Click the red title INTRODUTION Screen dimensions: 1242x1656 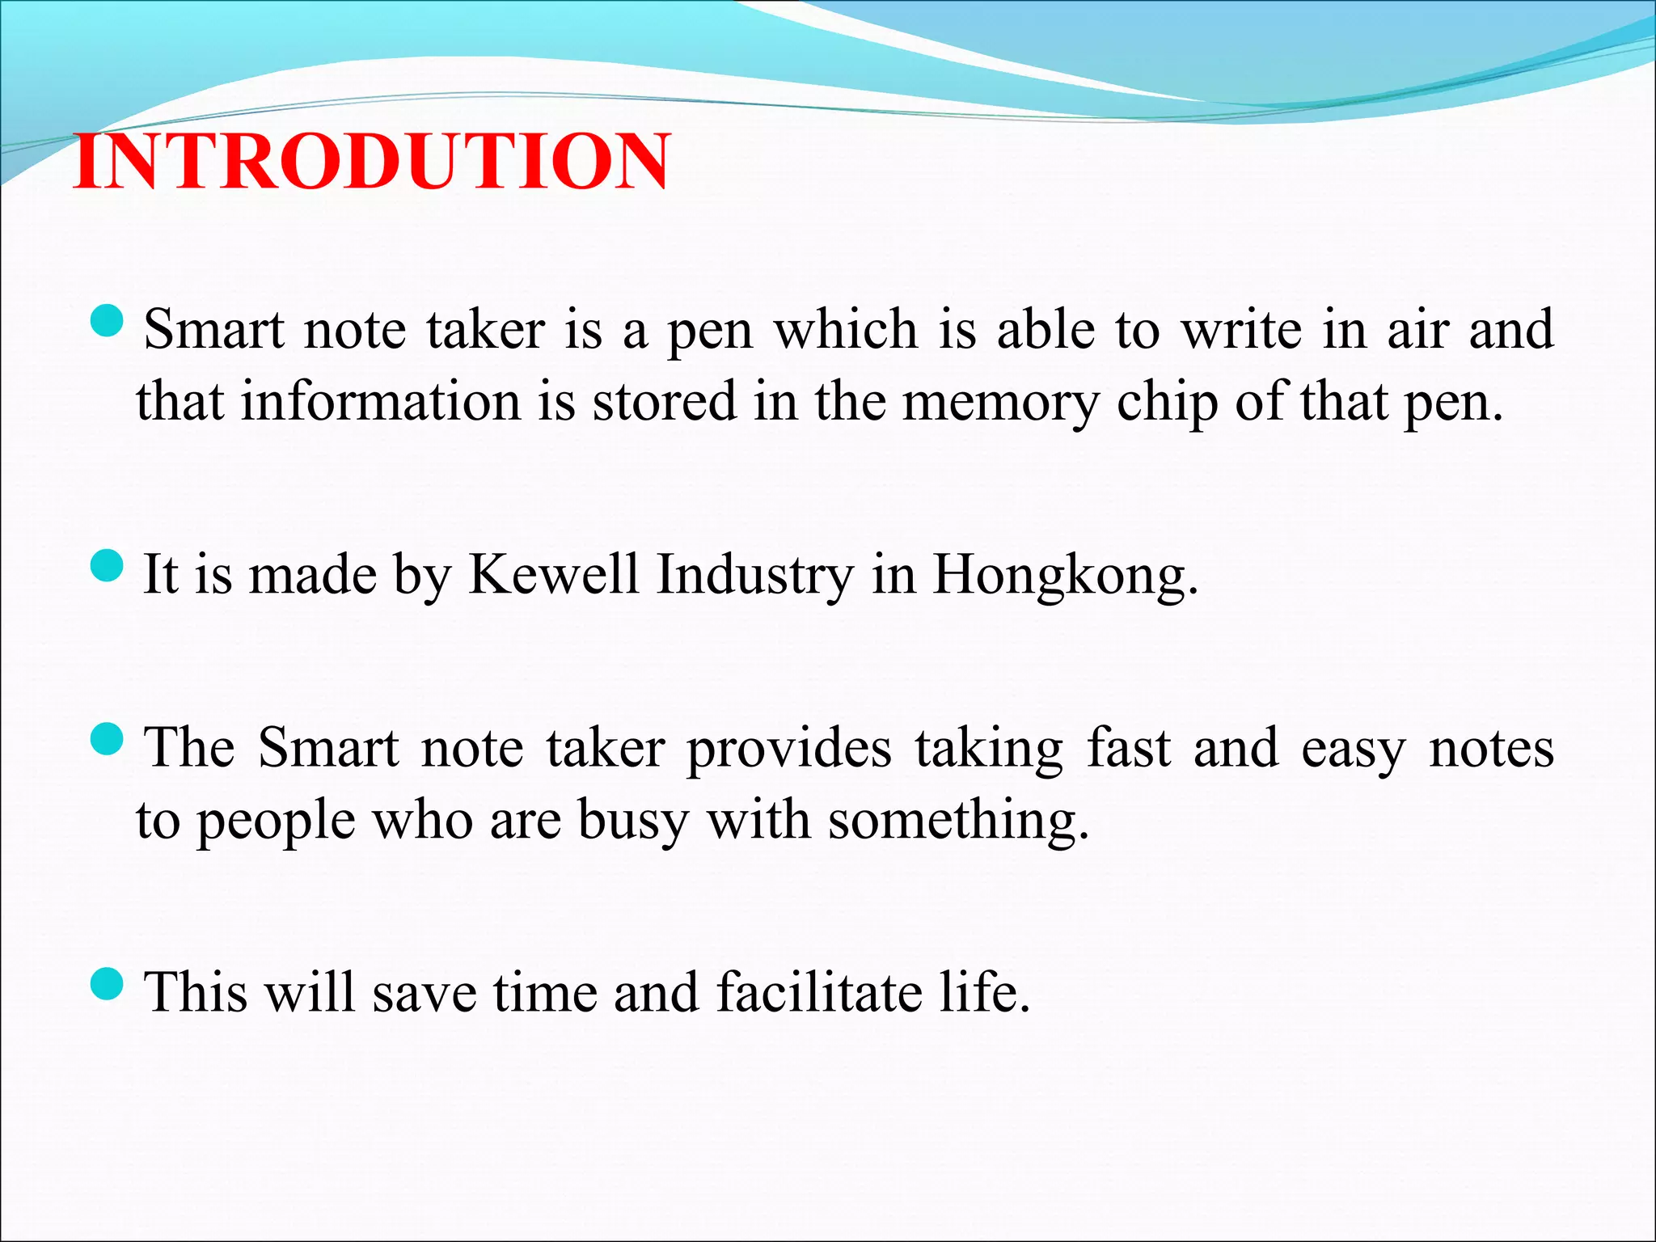tap(372, 162)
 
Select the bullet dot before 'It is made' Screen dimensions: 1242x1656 tap(107, 566)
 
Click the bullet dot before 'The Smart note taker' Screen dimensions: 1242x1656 tap(107, 739)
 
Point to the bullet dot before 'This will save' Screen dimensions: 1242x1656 tap(107, 984)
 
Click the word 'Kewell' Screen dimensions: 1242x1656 tap(554, 574)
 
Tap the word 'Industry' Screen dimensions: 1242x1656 tap(754, 576)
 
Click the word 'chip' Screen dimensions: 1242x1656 tap(1167, 403)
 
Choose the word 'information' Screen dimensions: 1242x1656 tap(381, 401)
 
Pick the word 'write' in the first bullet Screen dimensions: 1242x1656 tap(1241, 330)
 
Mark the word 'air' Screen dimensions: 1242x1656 tap(1417, 330)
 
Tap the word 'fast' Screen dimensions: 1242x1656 tap(1128, 747)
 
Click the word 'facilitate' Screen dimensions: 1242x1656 tap(818, 992)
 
